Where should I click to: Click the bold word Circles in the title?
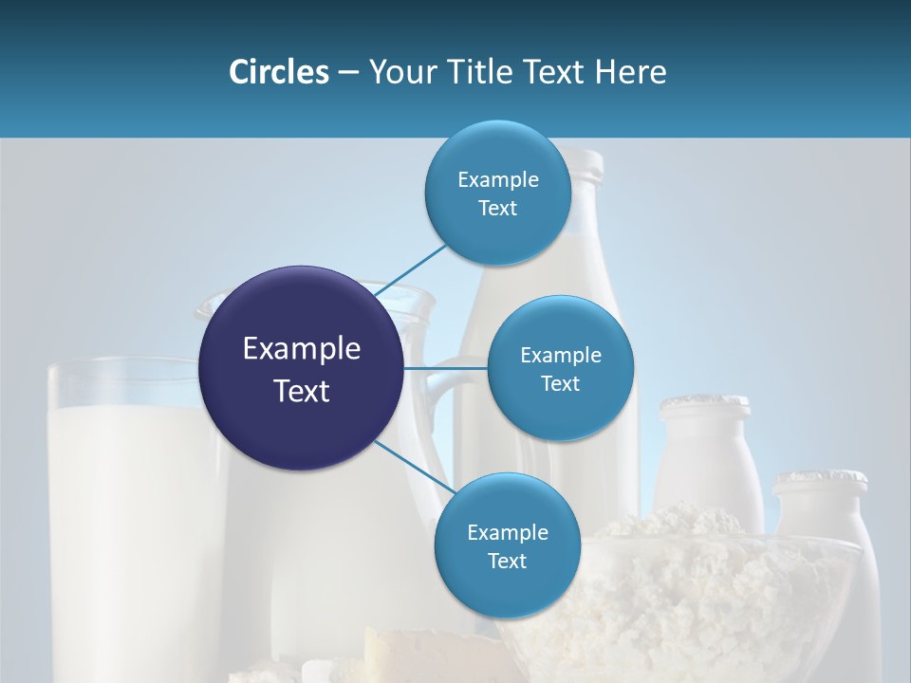(278, 72)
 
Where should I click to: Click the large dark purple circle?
(302, 368)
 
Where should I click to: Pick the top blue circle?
(497, 193)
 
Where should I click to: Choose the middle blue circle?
(560, 368)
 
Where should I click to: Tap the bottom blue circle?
(507, 545)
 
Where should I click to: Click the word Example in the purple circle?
(302, 349)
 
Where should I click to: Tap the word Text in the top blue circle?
(497, 209)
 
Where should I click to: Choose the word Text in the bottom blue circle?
(507, 562)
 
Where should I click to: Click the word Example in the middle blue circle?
(560, 356)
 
